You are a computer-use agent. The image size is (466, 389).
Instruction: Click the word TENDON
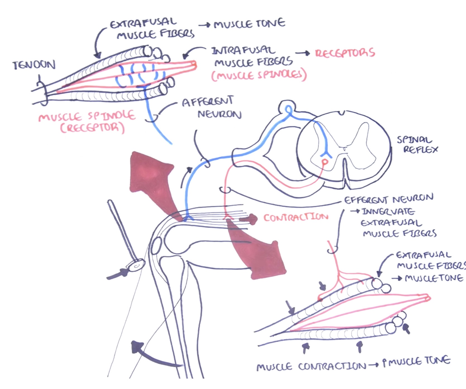34,65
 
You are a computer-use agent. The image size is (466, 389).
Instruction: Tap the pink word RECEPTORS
345,53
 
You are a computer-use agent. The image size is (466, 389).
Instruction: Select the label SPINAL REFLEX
417,144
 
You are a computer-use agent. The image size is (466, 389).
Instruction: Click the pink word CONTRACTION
296,217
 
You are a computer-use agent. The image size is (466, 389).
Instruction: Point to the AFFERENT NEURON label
211,108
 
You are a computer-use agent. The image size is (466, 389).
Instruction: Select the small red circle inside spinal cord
324,162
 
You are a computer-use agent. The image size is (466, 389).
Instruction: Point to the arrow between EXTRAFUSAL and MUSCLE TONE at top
205,25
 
